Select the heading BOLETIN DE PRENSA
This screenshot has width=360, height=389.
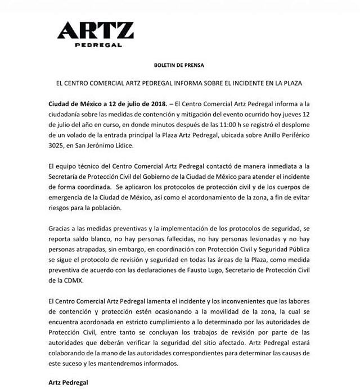(180, 65)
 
